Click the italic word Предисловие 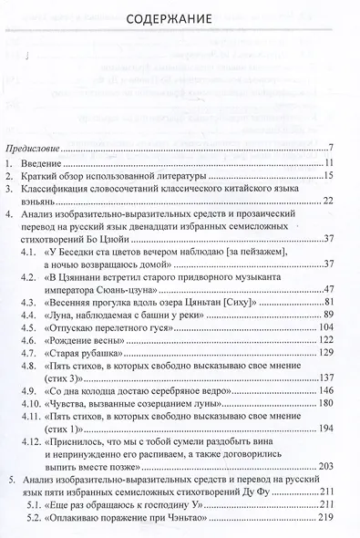tap(35, 149)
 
